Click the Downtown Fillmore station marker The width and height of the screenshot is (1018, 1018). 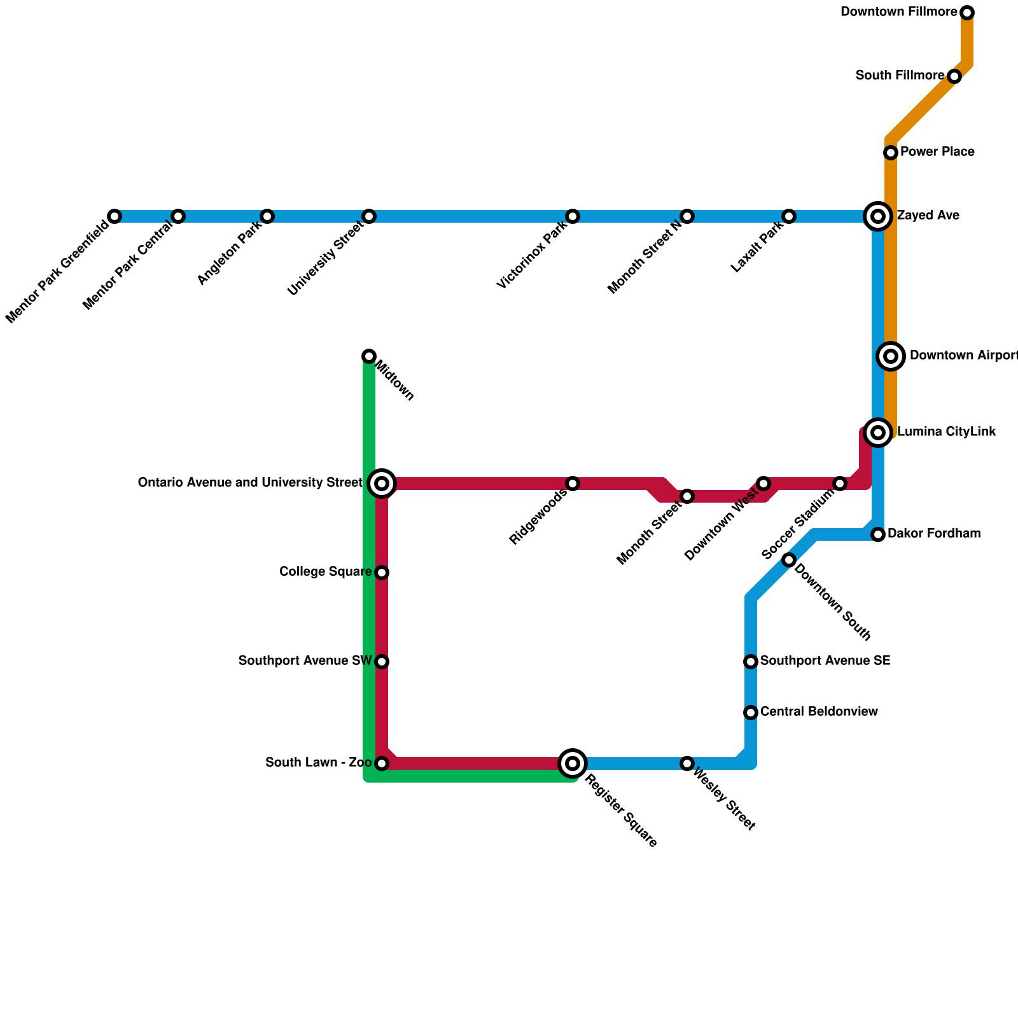coord(967,13)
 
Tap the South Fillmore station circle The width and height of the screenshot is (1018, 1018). coord(954,76)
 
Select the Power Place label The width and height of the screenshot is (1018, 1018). coord(937,152)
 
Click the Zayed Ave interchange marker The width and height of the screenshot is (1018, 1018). coord(878,216)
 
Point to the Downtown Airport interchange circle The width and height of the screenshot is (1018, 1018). coord(891,356)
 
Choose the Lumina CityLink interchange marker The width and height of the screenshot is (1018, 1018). coord(878,433)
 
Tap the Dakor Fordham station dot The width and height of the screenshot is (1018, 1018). coord(878,534)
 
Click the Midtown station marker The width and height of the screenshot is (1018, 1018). coord(369,356)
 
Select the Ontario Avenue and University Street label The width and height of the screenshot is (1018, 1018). coord(250,483)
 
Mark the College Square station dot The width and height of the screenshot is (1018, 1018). coord(382,573)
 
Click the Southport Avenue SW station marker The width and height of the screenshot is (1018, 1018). coord(382,662)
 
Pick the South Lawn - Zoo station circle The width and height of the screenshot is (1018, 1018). coord(382,763)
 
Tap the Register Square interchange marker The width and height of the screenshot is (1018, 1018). coord(573,763)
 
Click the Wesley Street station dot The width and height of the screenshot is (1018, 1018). coord(687,763)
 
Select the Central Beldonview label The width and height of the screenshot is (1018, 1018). coord(819,711)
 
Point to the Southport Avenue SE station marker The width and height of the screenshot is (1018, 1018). coord(751,662)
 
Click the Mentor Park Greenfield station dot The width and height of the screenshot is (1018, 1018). coord(115,216)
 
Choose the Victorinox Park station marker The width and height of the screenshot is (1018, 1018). coord(573,216)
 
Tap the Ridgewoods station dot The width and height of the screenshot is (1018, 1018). coord(573,484)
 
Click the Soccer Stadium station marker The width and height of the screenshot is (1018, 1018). coord(840,484)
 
